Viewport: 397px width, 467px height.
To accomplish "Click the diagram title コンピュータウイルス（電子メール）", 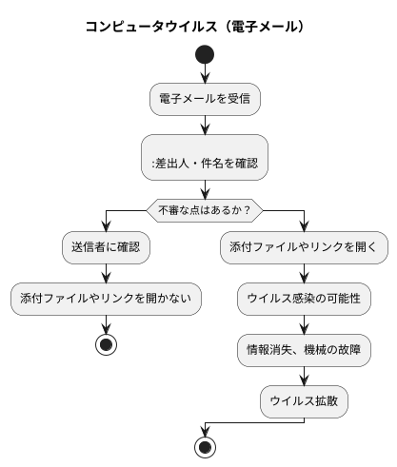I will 197,26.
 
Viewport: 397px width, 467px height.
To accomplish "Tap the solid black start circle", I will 205,55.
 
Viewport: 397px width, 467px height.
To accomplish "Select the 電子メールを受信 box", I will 205,98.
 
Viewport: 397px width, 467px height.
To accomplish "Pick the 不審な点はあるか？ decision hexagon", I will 205,208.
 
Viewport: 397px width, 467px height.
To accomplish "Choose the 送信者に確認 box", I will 106,247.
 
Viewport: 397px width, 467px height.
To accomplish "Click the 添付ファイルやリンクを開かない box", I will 106,299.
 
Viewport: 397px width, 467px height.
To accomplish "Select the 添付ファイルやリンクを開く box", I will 304,247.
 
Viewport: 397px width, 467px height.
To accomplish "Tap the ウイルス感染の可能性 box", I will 304,299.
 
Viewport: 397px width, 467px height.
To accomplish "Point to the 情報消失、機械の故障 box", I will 304,351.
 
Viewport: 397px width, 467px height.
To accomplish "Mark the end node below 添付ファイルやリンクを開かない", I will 106,343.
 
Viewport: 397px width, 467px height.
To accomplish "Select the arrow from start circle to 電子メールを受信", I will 205,75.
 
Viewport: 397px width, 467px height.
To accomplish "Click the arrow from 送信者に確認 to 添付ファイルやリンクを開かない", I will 106,273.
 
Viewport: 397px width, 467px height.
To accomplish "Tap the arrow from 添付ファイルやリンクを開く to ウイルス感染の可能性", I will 304,273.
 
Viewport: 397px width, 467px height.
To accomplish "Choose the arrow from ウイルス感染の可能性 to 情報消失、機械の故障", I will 304,325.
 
